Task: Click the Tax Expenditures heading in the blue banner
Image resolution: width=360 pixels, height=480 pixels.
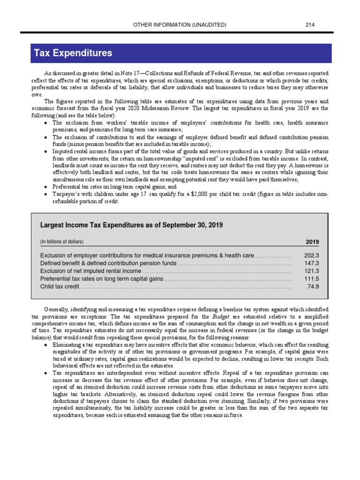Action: pyautogui.click(x=73, y=53)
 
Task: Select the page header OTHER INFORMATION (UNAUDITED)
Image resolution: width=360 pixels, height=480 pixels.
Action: pyautogui.click(x=180, y=24)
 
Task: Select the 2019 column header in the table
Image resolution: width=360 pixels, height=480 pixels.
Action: pyautogui.click(x=312, y=242)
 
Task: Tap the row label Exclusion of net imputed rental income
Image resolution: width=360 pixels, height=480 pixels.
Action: pyautogui.click(x=90, y=271)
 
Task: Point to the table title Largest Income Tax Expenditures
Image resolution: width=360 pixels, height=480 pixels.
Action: pyautogui.click(x=131, y=225)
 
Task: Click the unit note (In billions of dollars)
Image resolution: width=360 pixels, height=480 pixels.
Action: pyautogui.click(x=62, y=242)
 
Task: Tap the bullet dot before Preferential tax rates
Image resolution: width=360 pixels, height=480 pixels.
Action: pyautogui.click(x=44, y=186)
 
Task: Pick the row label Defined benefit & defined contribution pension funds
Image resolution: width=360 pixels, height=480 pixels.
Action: pyautogui.click(x=108, y=263)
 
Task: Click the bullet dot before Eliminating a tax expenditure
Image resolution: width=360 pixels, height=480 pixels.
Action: pyautogui.click(x=44, y=345)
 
